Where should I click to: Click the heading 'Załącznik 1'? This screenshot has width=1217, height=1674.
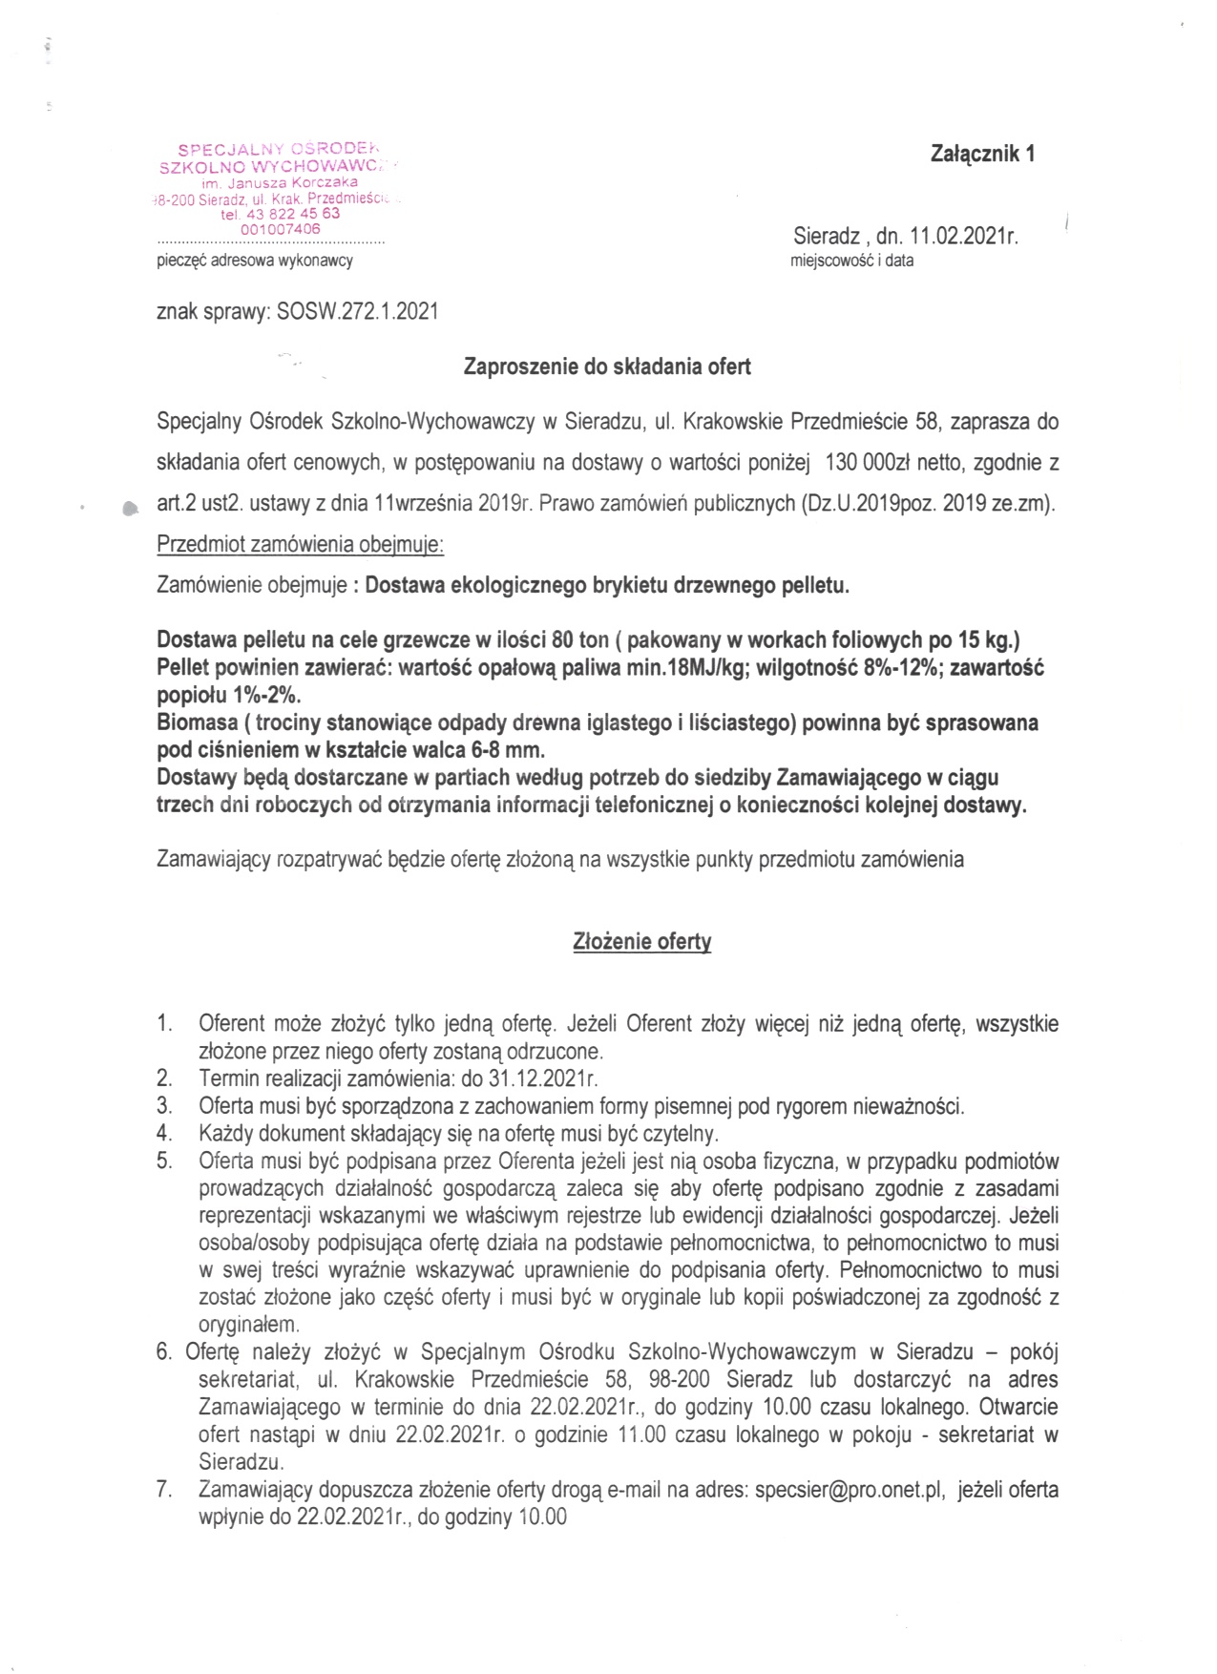coord(982,154)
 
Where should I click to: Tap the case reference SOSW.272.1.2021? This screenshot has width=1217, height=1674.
coord(357,311)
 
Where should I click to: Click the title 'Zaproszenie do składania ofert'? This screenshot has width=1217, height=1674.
coord(607,366)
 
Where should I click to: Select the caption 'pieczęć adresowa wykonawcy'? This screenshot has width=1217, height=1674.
coord(255,261)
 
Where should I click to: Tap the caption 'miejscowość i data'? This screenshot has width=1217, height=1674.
coord(851,261)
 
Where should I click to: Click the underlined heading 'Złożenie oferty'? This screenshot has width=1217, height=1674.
coord(641,942)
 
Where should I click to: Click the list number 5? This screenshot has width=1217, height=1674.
coord(164,1161)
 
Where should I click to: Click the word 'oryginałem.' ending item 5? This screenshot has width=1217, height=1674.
coord(249,1325)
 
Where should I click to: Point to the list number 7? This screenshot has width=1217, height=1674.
coord(164,1490)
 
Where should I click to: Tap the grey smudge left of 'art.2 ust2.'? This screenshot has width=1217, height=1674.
coord(130,509)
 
